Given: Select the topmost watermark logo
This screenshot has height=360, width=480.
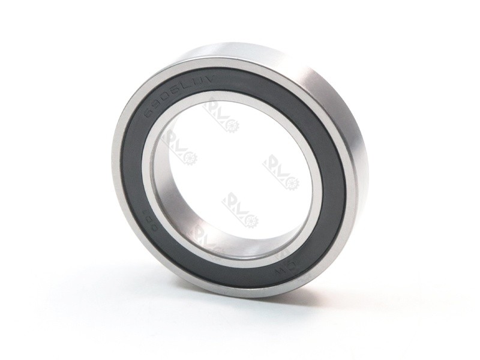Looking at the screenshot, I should pyautogui.click(x=222, y=114).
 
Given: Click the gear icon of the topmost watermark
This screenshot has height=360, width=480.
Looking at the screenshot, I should pyautogui.click(x=232, y=125).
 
